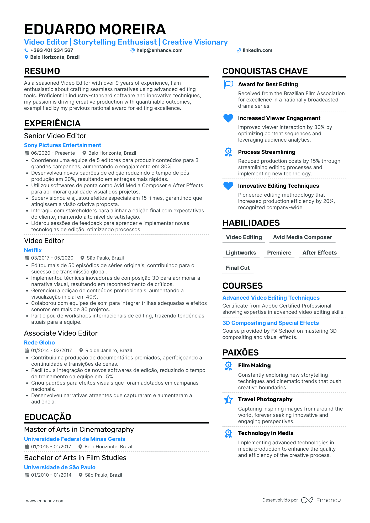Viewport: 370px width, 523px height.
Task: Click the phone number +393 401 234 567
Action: (51, 50)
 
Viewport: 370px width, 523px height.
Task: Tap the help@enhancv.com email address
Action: (159, 50)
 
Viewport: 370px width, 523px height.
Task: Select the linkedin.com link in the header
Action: (257, 50)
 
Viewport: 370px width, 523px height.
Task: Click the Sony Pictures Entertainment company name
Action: (62, 145)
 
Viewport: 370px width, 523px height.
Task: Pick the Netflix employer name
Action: (33, 250)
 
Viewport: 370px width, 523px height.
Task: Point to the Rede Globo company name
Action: (39, 343)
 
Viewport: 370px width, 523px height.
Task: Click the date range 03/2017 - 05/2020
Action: (52, 258)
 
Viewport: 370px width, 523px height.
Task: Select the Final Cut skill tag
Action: (238, 268)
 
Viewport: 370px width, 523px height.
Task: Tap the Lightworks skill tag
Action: (241, 253)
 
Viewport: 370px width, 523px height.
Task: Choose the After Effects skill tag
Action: (319, 253)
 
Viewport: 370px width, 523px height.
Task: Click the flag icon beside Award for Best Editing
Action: (228, 84)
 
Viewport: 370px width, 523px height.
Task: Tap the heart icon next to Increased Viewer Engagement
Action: (228, 118)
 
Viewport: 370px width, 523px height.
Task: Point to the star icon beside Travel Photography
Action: (228, 400)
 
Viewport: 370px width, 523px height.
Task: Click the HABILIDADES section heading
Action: (251, 223)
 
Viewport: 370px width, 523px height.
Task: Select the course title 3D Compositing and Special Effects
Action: (271, 323)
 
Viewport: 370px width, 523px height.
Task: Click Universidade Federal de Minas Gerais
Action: (75, 439)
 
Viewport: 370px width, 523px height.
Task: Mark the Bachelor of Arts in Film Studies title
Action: (75, 458)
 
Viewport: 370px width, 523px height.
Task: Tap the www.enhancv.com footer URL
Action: (45, 501)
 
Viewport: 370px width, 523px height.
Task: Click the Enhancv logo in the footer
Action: (321, 500)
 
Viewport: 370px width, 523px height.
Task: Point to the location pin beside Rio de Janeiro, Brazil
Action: (81, 351)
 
